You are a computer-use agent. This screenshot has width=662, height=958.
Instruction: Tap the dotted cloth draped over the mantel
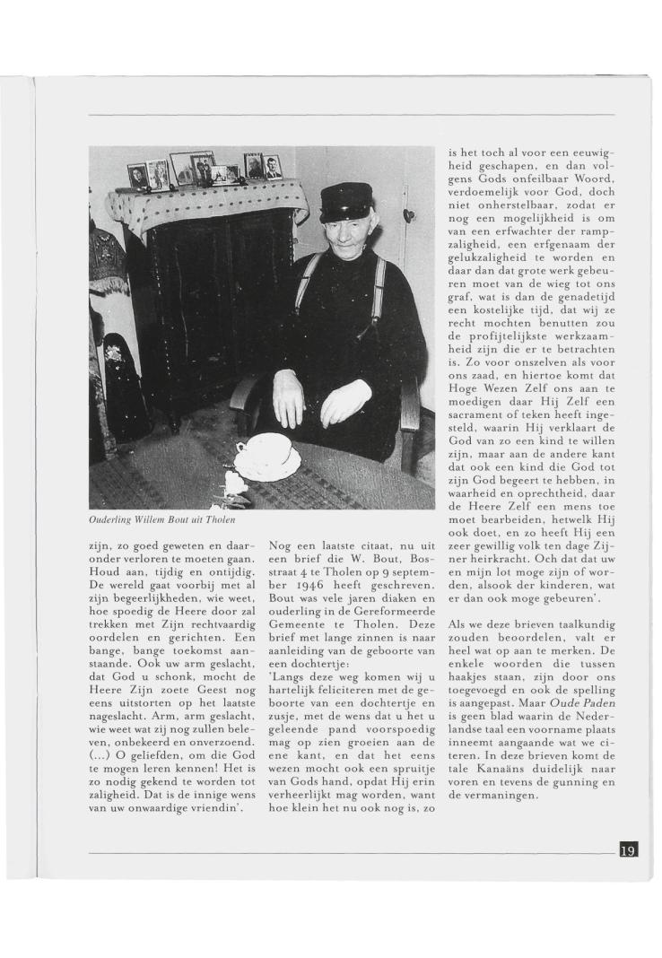tap(206, 203)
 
